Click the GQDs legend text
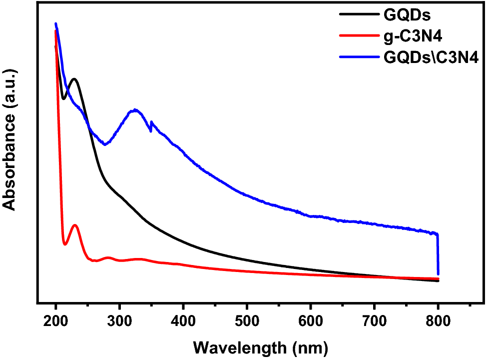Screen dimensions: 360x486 (407, 14)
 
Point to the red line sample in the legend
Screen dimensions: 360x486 (357, 35)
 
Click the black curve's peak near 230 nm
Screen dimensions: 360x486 (74, 78)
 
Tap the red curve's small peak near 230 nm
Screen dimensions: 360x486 (75, 225)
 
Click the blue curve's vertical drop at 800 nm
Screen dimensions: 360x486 (438, 255)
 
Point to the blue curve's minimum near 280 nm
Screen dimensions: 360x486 (105, 144)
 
